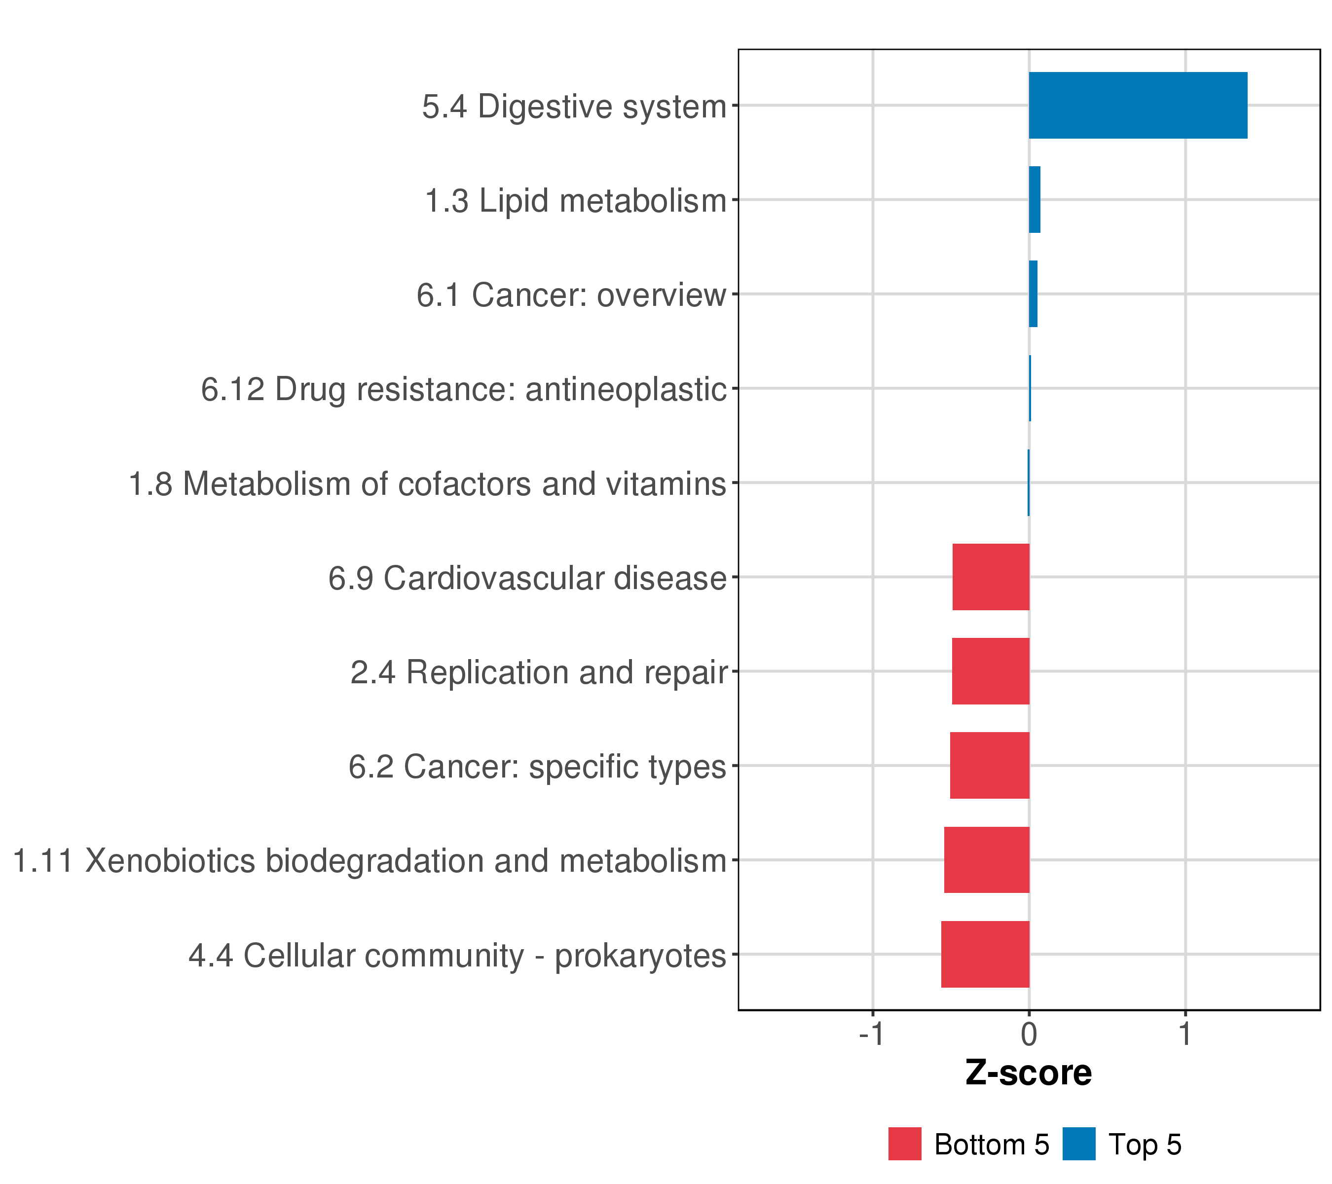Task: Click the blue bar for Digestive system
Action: [1138, 105]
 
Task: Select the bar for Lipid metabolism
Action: [1034, 199]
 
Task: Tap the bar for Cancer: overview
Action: [1033, 294]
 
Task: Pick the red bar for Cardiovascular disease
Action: [991, 577]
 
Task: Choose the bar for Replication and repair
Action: [991, 671]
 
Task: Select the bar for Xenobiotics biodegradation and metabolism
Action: [987, 860]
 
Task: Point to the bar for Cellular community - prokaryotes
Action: [985, 955]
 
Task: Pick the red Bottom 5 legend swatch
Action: [904, 1144]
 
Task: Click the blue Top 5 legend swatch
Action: [1078, 1144]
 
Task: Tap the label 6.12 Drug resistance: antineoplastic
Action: [463, 390]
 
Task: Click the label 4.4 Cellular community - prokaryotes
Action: [457, 956]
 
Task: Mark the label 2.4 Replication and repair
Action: [538, 672]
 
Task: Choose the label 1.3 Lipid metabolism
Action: [575, 201]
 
